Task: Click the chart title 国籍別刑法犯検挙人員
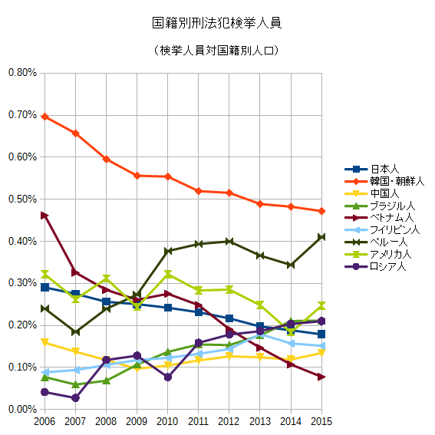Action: point(217,23)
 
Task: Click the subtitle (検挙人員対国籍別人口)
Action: point(217,51)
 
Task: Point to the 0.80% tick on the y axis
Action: point(21,73)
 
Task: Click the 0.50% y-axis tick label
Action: point(21,199)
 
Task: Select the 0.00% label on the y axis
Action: point(21,410)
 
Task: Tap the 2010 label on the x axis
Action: point(167,422)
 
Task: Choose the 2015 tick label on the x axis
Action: point(321,422)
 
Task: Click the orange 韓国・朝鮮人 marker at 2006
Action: point(45,117)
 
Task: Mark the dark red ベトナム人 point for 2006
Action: point(45,216)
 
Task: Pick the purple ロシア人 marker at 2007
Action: point(75,398)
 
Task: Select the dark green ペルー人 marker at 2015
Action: point(321,237)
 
